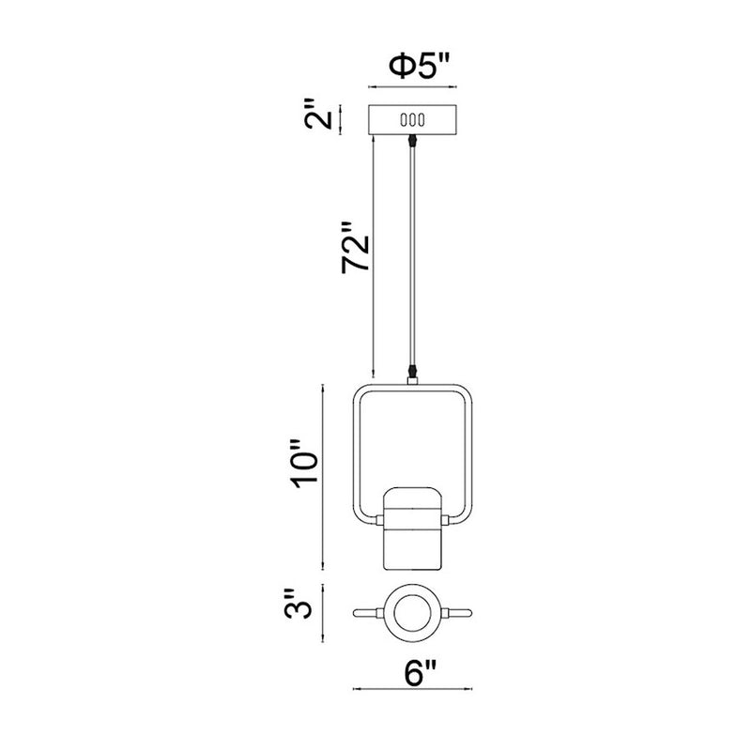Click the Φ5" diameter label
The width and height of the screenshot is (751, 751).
tap(420, 66)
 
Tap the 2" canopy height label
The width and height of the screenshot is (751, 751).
tap(318, 114)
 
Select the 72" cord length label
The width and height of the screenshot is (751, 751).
tap(356, 248)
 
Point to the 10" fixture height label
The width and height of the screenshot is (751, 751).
tap(303, 463)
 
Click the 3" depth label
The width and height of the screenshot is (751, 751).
tap(298, 605)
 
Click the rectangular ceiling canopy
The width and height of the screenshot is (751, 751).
tap(412, 120)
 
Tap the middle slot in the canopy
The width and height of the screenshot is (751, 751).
tap(412, 120)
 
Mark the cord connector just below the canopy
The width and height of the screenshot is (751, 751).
tap(412, 141)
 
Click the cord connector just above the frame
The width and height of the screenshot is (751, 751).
tap(412, 371)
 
